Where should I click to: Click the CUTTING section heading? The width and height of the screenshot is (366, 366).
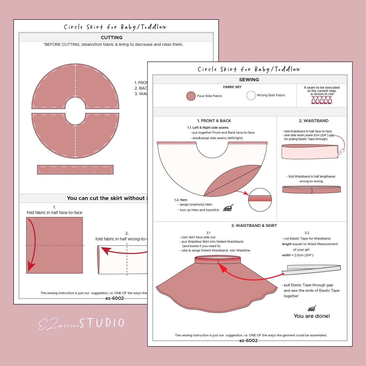[111, 37]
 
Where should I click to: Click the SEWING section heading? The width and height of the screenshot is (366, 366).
[249, 80]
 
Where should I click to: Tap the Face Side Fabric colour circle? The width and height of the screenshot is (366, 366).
[191, 96]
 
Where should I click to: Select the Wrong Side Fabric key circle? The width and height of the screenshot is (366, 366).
[251, 95]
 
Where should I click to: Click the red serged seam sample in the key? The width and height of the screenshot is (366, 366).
[321, 100]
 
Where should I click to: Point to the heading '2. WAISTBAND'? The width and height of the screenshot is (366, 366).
[314, 121]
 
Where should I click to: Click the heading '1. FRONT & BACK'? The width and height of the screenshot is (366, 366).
[214, 121]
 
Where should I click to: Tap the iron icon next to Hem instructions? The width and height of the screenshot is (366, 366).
[228, 208]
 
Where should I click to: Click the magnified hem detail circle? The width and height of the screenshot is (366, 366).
[260, 200]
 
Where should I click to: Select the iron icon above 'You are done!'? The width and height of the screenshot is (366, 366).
[312, 308]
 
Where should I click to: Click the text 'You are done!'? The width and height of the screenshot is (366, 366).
[312, 316]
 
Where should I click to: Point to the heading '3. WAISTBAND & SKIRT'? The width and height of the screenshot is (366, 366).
[254, 226]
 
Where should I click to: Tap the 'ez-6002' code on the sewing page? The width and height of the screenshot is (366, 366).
[248, 341]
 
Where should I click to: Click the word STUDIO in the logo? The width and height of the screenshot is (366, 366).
[102, 323]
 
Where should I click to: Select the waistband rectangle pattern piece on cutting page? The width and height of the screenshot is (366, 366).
[75, 170]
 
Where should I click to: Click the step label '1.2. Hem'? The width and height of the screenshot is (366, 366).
[181, 200]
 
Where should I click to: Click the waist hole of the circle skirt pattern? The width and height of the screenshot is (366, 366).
[75, 111]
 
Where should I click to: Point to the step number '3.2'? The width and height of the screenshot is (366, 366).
[307, 233]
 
